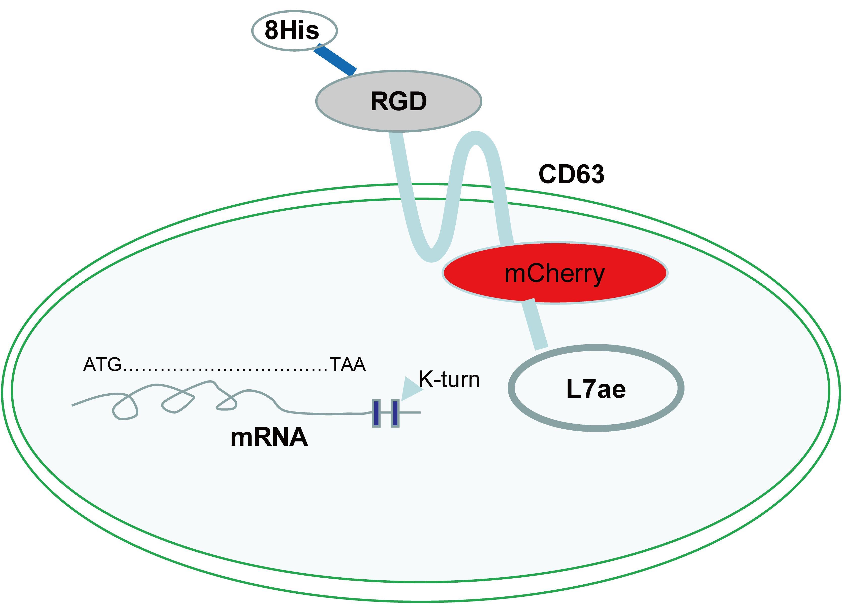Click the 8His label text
[x=292, y=30]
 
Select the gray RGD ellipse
[x=398, y=101]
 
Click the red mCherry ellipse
[x=555, y=274]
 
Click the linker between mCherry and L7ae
[x=535, y=324]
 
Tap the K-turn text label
[x=449, y=380]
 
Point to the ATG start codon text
[x=102, y=365]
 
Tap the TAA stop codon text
[x=348, y=365]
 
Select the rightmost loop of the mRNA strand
[x=227, y=404]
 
